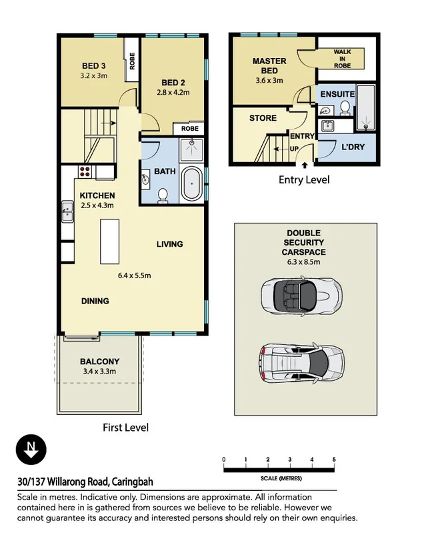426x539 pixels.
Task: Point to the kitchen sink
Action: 67,213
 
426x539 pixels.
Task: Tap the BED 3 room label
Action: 93,65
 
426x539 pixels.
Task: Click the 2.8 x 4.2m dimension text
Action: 173,93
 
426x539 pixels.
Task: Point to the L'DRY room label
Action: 353,147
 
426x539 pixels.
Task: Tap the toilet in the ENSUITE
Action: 345,108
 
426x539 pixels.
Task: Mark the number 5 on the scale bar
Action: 333,460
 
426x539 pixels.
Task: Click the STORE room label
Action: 262,118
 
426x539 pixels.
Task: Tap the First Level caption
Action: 125,428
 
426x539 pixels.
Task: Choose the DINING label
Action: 95,301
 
